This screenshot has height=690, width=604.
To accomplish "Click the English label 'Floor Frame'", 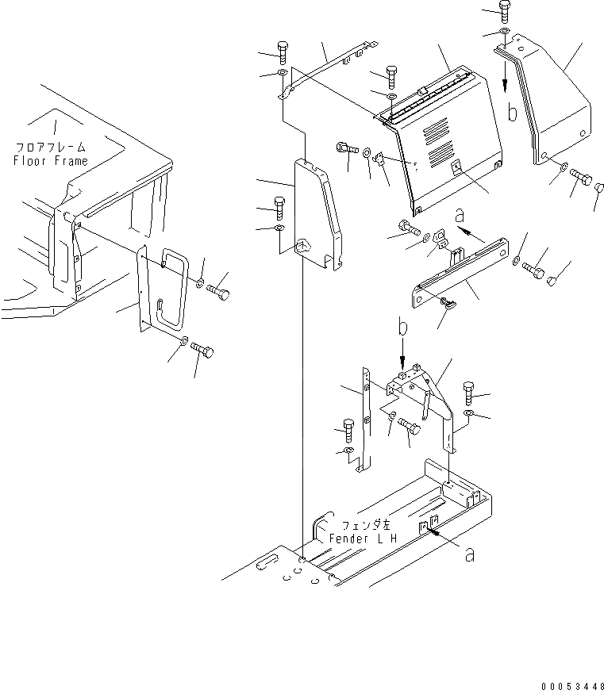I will pyautogui.click(x=51, y=161).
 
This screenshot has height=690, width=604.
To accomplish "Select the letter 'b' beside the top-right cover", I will pyautogui.click(x=514, y=113).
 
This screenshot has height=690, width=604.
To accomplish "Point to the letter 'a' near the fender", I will pyautogui.click(x=471, y=556).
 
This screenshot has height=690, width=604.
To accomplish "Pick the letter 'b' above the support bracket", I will pyautogui.click(x=402, y=327).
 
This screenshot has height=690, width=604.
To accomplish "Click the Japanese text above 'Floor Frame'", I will pyautogui.click(x=51, y=148).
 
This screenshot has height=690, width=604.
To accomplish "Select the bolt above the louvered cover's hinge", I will pyautogui.click(x=391, y=75).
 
